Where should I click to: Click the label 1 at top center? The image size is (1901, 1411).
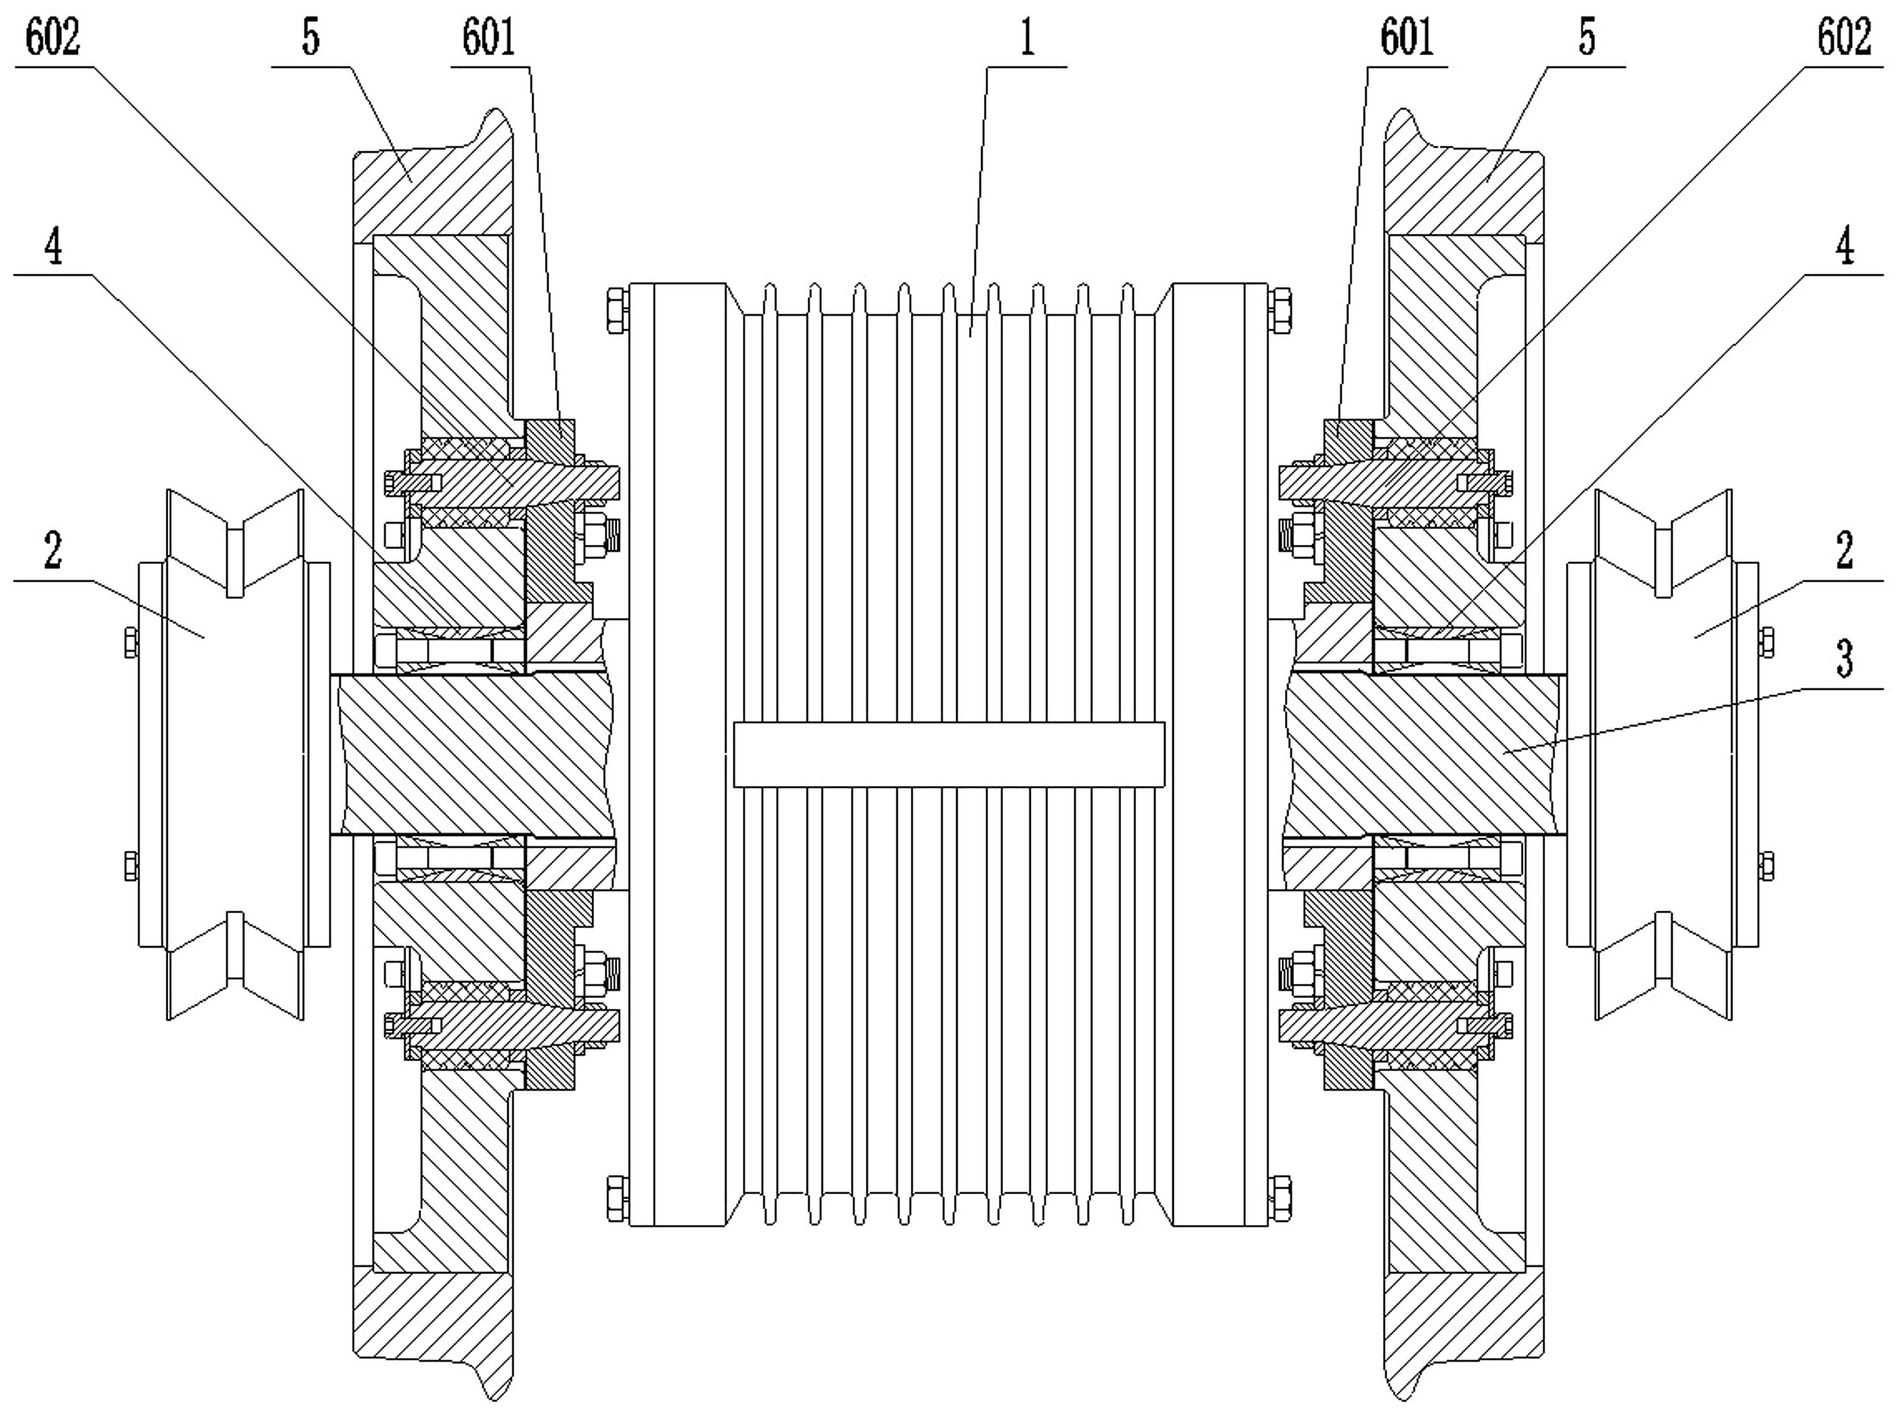point(1026,39)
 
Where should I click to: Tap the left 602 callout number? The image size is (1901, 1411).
point(53,39)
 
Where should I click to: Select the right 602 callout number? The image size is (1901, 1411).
point(1844,39)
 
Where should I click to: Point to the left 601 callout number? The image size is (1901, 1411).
point(488,39)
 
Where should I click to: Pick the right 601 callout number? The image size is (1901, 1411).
point(1407,39)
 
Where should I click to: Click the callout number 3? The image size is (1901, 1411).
point(1844,659)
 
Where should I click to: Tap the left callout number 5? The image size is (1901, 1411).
point(311,39)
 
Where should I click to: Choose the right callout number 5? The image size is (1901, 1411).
point(1587,39)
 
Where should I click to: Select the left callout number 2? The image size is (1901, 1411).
point(53,551)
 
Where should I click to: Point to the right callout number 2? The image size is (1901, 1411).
point(1844,551)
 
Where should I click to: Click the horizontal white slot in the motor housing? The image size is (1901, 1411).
point(949,754)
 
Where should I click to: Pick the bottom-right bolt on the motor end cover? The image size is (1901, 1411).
point(1280,1199)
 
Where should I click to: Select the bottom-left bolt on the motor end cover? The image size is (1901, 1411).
point(617,1199)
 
